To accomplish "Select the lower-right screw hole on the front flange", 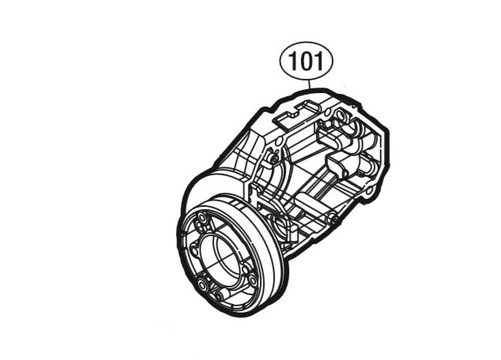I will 252,278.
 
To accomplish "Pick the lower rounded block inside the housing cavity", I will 337,167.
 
